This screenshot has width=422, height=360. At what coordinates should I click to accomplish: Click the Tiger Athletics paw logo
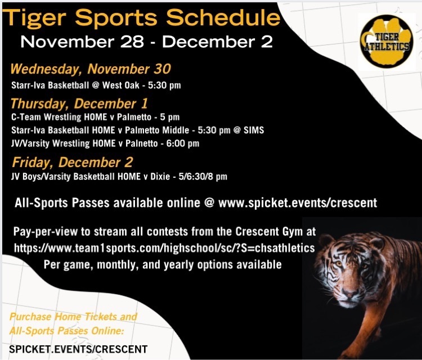[x=387, y=40]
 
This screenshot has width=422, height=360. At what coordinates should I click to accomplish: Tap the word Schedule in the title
[x=223, y=18]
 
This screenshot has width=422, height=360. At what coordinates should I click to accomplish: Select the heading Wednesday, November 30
[x=91, y=69]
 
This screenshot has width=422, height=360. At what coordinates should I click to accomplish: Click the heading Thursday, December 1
[x=79, y=103]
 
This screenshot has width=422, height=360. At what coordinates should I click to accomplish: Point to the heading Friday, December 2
[x=73, y=162]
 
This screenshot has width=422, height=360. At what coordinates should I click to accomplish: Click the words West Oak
[x=121, y=85]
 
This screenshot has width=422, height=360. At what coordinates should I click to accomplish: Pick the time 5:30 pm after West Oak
[x=164, y=85]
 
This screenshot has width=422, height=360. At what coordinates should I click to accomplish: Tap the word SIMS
[x=254, y=130]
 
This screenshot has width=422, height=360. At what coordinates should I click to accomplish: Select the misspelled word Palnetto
[x=142, y=143]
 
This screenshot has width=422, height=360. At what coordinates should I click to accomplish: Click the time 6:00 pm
[x=183, y=143]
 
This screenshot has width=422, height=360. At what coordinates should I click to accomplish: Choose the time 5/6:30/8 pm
[x=203, y=177]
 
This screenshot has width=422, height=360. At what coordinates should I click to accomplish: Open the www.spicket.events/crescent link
[x=298, y=203]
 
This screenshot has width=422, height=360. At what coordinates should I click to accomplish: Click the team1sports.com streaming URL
[x=164, y=248]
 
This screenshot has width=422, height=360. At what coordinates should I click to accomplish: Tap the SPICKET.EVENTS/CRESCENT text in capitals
[x=78, y=349]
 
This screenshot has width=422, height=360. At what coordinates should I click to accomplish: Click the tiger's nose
[x=349, y=292]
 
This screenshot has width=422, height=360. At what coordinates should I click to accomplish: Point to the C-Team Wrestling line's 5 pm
[x=170, y=118]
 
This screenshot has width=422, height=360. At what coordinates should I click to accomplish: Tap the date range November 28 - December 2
[x=147, y=42]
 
